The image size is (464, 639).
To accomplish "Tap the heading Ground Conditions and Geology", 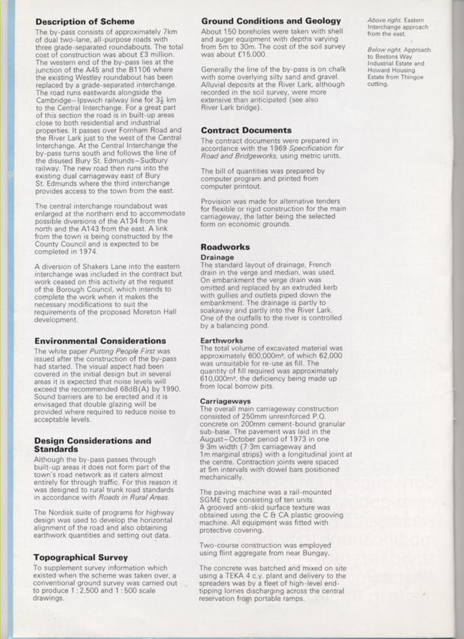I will click(271, 21).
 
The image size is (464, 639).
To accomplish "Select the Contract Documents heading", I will click(246, 131).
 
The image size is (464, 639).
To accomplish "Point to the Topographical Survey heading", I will click(80, 557).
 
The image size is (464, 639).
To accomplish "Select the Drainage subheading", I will click(217, 257).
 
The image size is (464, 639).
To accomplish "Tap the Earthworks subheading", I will click(222, 341).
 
